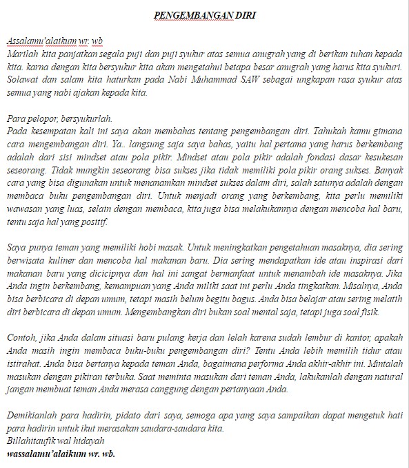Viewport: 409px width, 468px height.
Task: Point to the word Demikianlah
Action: coord(32,416)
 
